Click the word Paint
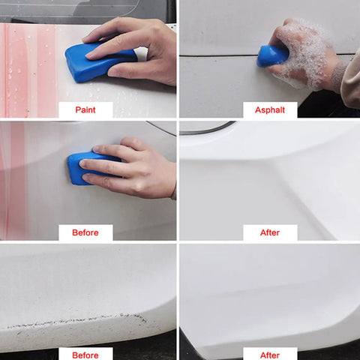85,109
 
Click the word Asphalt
270,109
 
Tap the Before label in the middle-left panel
85,232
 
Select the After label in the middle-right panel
270,232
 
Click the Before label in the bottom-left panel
85,355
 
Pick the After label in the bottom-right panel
270,355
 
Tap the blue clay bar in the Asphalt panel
271,56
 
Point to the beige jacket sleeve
351,80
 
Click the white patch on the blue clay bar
142,54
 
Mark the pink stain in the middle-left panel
13,180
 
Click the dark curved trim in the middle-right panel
208,130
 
